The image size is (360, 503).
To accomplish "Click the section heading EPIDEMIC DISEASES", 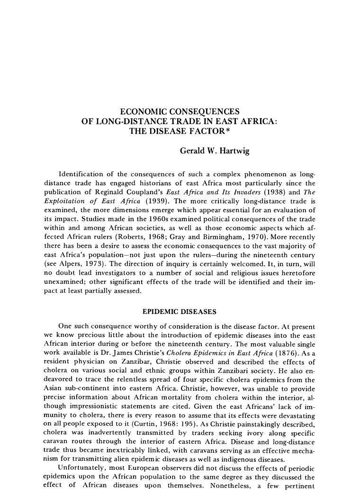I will [180, 312].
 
